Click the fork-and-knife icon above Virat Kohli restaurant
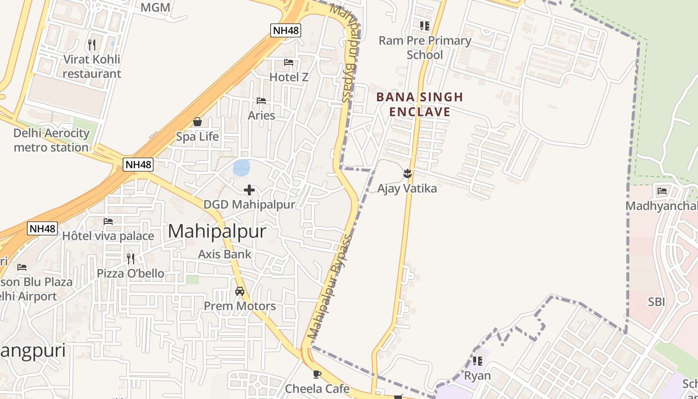(92, 45)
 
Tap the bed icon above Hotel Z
(289, 62)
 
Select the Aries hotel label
(261, 115)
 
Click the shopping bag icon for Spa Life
(197, 122)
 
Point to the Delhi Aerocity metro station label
(51, 140)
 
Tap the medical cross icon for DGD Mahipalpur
(249, 190)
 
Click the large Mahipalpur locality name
(217, 231)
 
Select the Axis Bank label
(225, 254)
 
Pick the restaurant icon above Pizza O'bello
(131, 258)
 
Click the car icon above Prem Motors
(240, 291)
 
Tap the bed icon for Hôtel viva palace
(108, 221)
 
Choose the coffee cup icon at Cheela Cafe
(317, 374)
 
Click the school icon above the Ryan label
(477, 361)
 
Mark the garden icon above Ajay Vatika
(407, 174)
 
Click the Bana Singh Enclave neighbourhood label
(420, 104)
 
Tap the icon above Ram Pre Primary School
(424, 25)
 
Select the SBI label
(657, 302)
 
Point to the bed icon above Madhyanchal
(662, 191)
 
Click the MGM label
(155, 7)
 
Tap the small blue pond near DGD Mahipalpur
(242, 168)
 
